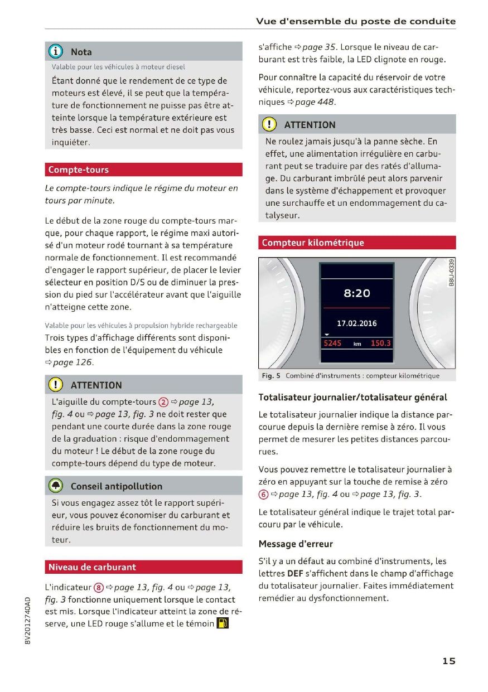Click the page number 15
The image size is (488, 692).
[x=449, y=661]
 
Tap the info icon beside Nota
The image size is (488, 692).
[x=56, y=52]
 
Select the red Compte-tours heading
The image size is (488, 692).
[x=79, y=170]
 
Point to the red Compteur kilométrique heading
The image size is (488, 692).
[x=313, y=243]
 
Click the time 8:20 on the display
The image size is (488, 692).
[x=356, y=293]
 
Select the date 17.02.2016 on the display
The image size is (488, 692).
[x=356, y=323]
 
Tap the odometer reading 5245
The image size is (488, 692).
[x=332, y=343]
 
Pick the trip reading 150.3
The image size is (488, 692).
[x=381, y=343]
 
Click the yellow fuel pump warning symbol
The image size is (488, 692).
[x=222, y=623]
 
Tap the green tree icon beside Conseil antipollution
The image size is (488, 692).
[x=56, y=486]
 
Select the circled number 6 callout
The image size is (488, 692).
[x=263, y=494]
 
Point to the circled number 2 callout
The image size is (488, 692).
[x=163, y=402]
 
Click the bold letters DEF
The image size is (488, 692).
[x=295, y=573]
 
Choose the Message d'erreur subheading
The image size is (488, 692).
[x=296, y=544]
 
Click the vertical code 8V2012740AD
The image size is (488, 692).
[x=28, y=620]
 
